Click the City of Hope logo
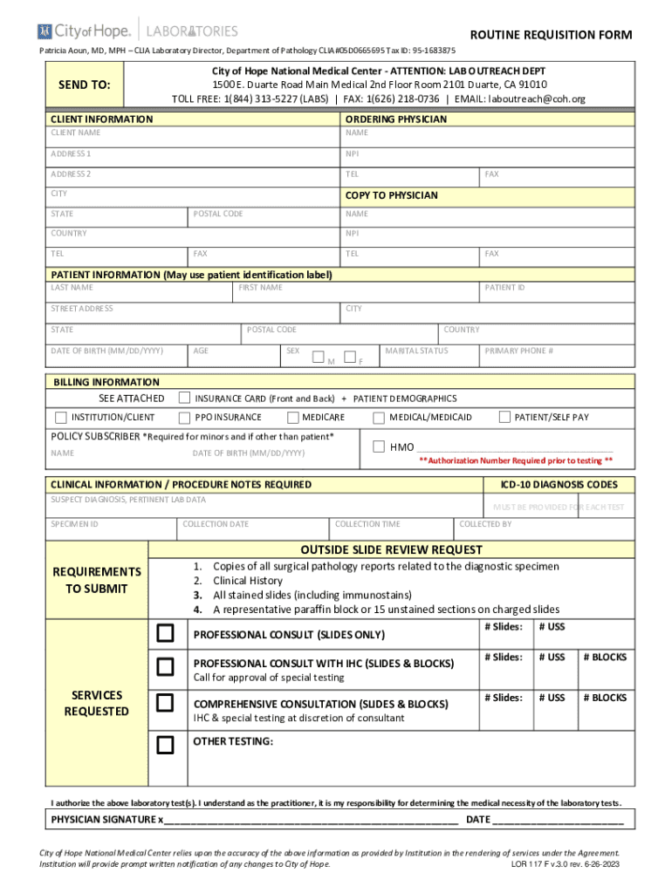pyautogui.click(x=85, y=32)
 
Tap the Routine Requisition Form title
pyautogui.click(x=551, y=35)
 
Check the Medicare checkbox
pyautogui.click(x=292, y=417)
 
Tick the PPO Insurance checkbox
pyautogui.click(x=185, y=417)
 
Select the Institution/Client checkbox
pyautogui.click(x=61, y=417)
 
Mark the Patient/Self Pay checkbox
pyautogui.click(x=504, y=417)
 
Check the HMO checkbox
pyautogui.click(x=379, y=446)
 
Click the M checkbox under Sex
pyautogui.click(x=319, y=358)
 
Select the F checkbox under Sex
pyautogui.click(x=350, y=357)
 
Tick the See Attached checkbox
pyautogui.click(x=185, y=398)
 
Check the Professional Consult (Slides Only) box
pyautogui.click(x=165, y=633)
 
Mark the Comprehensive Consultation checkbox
pyautogui.click(x=165, y=703)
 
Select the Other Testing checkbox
pyautogui.click(x=165, y=745)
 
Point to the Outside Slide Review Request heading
pyautogui.click(x=391, y=549)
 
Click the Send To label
pyautogui.click(x=84, y=85)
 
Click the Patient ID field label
pyautogui.click(x=505, y=288)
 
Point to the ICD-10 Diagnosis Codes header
pyautogui.click(x=559, y=485)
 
